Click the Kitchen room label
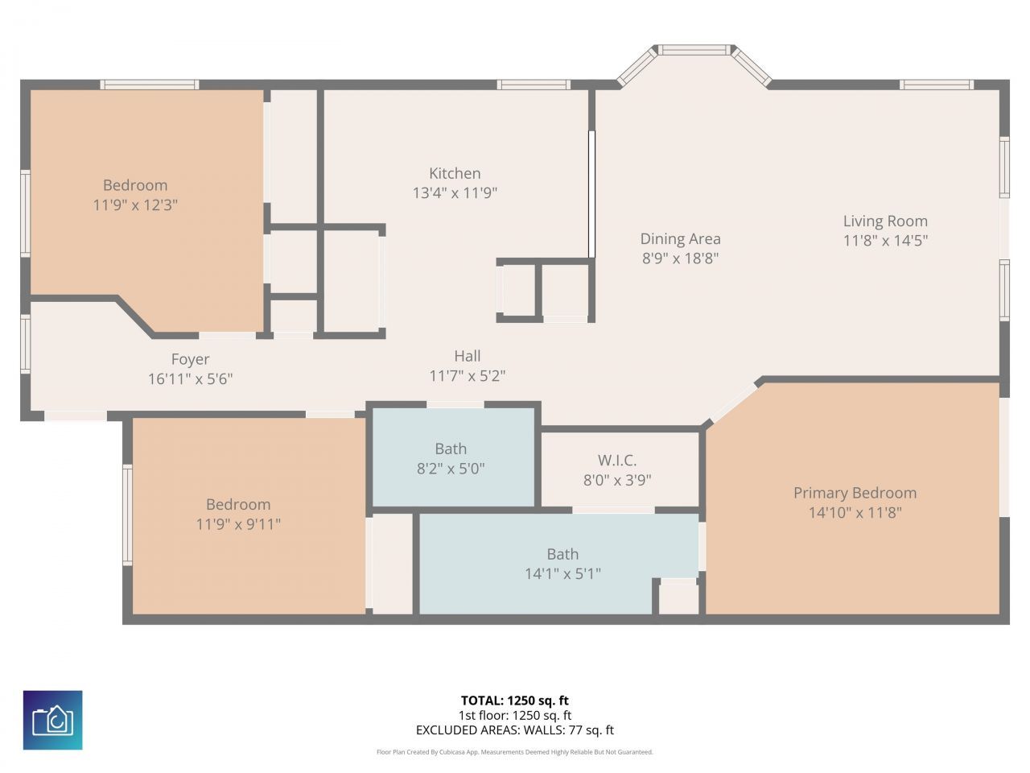(x=455, y=173)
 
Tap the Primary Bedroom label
(x=855, y=493)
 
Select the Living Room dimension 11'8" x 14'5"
(x=885, y=240)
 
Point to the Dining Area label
(x=680, y=238)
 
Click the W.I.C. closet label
(x=617, y=461)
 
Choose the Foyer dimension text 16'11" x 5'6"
(x=191, y=378)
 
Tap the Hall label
(x=467, y=356)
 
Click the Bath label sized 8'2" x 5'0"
(x=451, y=449)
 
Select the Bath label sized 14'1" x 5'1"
(x=562, y=554)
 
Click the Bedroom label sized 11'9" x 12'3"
(x=135, y=185)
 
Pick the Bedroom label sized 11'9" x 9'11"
(x=238, y=504)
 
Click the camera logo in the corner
(x=52, y=720)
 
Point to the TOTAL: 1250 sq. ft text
(x=515, y=701)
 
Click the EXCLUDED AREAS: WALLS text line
(x=515, y=730)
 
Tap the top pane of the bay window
(x=694, y=50)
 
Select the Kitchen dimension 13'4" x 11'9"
(x=455, y=192)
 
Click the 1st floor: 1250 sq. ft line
(x=515, y=715)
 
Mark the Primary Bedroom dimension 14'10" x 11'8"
(x=855, y=512)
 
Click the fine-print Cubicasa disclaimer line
(x=515, y=752)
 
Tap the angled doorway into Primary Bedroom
(x=733, y=402)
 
